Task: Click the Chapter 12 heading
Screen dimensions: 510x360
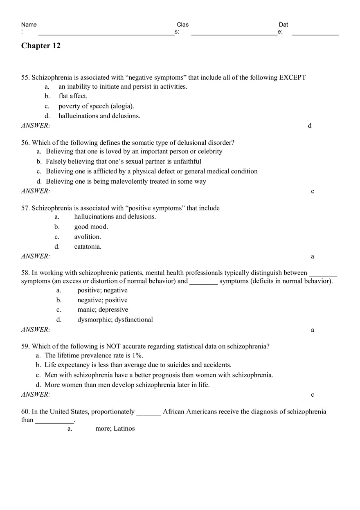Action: (x=41, y=46)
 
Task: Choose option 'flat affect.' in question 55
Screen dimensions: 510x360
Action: (x=73, y=96)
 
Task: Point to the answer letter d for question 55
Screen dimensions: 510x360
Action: (x=310, y=126)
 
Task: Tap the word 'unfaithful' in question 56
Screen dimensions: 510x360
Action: (x=187, y=162)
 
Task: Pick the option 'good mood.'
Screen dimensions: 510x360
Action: (x=91, y=227)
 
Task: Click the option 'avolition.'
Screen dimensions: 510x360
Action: (x=88, y=237)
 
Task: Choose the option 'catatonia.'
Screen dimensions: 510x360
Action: (x=88, y=247)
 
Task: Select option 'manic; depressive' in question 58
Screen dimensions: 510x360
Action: (x=103, y=310)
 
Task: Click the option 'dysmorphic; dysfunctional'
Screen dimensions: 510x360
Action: (x=115, y=320)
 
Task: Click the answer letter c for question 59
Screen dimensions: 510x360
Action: (x=313, y=395)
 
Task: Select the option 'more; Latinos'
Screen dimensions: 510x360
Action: (x=115, y=429)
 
